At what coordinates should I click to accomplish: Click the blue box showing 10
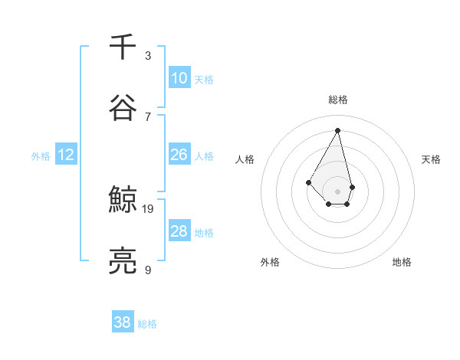pyautogui.click(x=179, y=78)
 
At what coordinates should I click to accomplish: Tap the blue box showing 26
pyautogui.click(x=179, y=155)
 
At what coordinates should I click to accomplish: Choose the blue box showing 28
pyautogui.click(x=179, y=231)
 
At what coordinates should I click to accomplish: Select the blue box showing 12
pyautogui.click(x=66, y=155)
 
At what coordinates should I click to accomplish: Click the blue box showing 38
pyautogui.click(x=122, y=322)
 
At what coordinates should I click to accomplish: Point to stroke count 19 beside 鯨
pyautogui.click(x=148, y=208)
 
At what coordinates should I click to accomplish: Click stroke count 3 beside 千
pyautogui.click(x=148, y=55)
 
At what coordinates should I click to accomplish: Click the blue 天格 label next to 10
pyautogui.click(x=203, y=80)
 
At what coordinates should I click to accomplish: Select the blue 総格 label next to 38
pyautogui.click(x=147, y=324)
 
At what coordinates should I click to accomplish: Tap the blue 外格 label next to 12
pyautogui.click(x=41, y=156)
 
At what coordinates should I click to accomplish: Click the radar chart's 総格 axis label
pyautogui.click(x=337, y=100)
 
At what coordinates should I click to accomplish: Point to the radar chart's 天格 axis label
pyautogui.click(x=431, y=159)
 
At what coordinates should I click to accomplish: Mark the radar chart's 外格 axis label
pyautogui.click(x=270, y=262)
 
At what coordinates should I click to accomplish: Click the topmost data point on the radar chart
pyautogui.click(x=337, y=129)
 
